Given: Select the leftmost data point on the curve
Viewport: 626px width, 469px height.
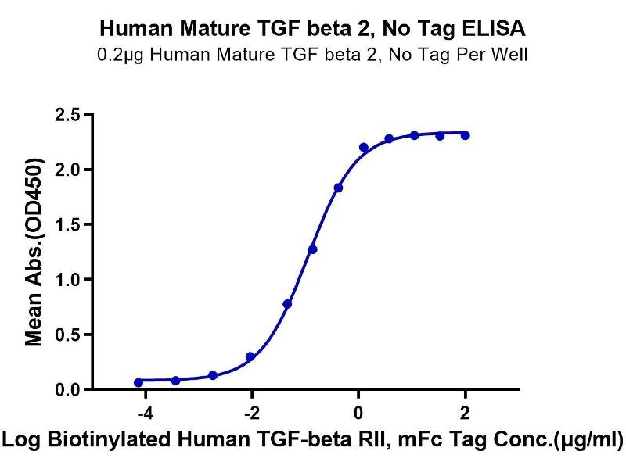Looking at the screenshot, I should click(139, 382).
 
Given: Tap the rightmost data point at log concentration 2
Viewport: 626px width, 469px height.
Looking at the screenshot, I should click(466, 135).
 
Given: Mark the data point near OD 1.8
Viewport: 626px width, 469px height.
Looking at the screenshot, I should click(338, 188).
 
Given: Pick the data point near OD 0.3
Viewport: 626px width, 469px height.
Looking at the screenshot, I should click(250, 356).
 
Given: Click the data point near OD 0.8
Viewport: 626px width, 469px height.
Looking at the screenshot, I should click(287, 304).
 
